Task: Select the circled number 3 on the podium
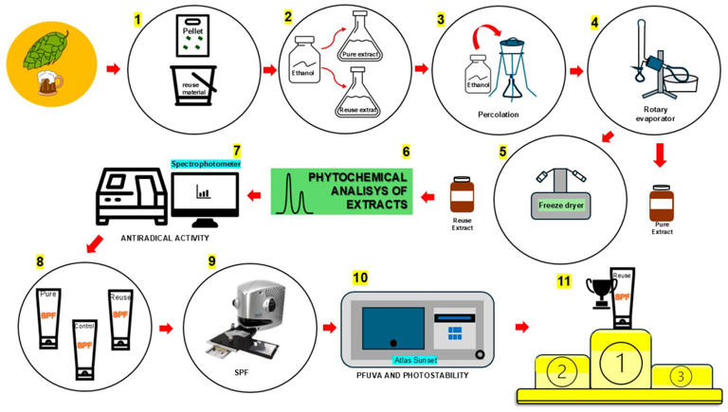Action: click(x=681, y=374)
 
